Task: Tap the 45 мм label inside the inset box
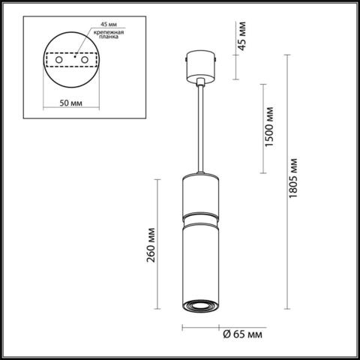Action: [97, 22]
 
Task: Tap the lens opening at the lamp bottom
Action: [199, 305]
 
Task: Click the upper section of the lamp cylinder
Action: [199, 194]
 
